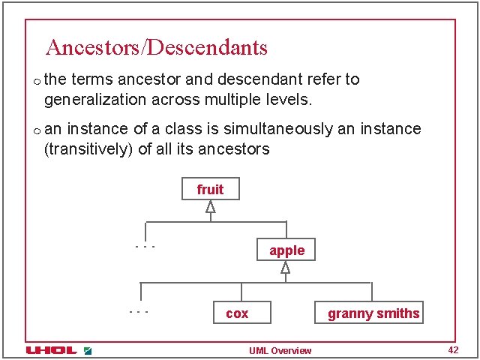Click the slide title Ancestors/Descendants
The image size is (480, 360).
[156, 48]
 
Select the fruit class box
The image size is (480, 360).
[210, 189]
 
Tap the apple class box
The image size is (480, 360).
[286, 250]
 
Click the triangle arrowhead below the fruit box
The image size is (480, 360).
[211, 207]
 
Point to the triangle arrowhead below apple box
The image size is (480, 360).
[285, 267]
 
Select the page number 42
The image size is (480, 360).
[452, 350]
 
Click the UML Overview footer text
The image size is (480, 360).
[280, 351]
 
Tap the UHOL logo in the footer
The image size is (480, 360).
[51, 350]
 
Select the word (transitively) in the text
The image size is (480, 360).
[89, 148]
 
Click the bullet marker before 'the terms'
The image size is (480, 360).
[36, 80]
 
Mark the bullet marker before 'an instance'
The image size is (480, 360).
[36, 130]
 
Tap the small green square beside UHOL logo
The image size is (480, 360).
[88, 350]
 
